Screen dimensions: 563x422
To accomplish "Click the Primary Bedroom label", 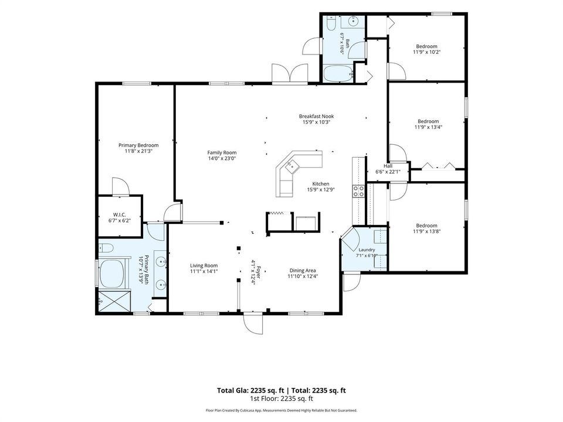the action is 138,145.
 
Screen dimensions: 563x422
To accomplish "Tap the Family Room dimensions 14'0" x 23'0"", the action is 222,158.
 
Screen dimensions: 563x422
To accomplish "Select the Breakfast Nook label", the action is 316,116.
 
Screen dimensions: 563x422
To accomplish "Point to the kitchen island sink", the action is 291,166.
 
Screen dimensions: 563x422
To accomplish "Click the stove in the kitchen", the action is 358,191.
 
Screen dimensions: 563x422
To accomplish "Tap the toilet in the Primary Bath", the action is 106,247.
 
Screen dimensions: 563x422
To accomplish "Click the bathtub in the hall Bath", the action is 338,74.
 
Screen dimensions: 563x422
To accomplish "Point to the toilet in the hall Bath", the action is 331,23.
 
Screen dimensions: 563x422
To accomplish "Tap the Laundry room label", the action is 367,250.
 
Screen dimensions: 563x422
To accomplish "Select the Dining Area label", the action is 303,271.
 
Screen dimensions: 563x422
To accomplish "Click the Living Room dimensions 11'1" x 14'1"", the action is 204,271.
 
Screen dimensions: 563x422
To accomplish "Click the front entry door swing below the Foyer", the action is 253,323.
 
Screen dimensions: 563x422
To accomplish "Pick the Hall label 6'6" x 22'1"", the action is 388,169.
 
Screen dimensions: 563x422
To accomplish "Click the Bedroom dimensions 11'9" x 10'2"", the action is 427,52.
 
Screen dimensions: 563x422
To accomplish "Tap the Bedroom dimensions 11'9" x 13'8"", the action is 427,232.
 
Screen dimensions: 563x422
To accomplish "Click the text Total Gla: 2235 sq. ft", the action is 250,390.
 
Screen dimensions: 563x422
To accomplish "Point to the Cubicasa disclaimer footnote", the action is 281,410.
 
